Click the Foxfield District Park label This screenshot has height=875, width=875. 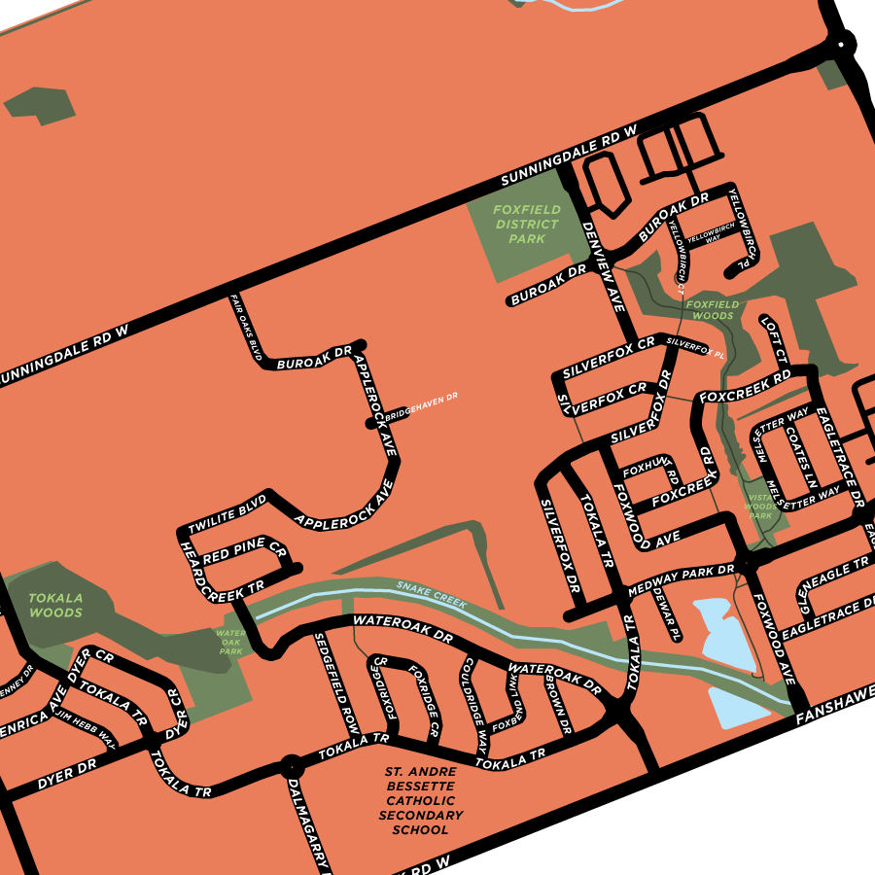click(x=526, y=225)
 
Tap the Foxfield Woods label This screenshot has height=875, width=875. click(x=711, y=310)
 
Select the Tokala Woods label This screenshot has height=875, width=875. click(x=55, y=606)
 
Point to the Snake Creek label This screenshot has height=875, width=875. click(x=431, y=595)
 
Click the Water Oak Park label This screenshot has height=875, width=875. click(x=230, y=642)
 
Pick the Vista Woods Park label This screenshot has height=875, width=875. click(x=761, y=506)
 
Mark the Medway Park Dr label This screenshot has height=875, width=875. click(x=681, y=579)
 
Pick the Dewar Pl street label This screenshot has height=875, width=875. click(x=666, y=612)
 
